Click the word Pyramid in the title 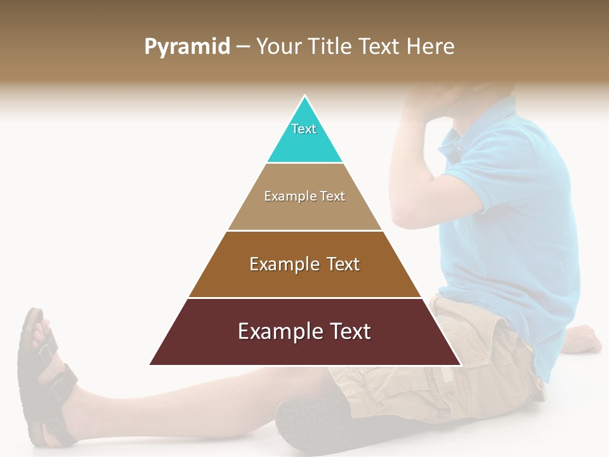coord(187,47)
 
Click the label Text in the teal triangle coord(304,129)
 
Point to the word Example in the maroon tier coord(275,331)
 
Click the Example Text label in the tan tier coord(304,196)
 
